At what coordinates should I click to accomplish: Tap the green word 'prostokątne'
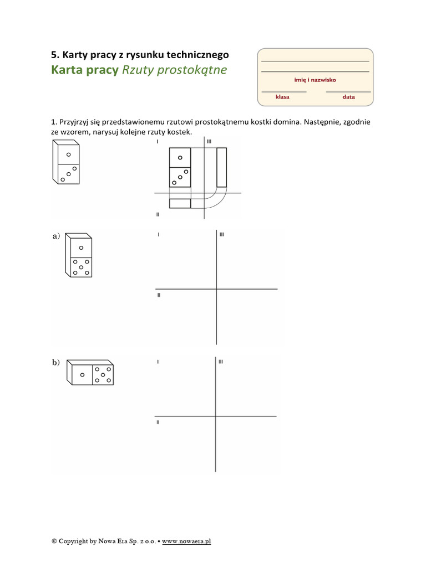point(192,70)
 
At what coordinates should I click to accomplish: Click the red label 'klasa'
point(282,97)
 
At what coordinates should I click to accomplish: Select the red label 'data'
point(348,97)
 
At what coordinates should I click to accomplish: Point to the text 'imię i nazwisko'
point(315,80)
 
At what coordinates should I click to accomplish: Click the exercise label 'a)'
point(56,236)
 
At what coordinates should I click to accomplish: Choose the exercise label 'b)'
point(56,362)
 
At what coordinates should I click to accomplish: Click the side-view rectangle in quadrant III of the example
point(222,167)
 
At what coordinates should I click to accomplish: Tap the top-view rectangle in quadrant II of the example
point(180,204)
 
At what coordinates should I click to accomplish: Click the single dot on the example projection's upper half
point(180,158)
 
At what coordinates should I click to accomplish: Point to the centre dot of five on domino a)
point(81,267)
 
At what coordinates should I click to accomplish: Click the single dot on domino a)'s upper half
point(81,248)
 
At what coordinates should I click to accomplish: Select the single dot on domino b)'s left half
point(82,375)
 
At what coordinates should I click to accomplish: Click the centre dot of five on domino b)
point(103,375)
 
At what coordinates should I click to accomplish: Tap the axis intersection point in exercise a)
point(217,289)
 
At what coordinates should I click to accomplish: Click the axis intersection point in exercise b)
point(216,416)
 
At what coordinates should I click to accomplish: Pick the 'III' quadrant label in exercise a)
point(222,234)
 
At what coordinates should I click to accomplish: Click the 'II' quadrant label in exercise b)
point(158,422)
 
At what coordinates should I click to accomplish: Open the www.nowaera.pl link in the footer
point(186,542)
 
